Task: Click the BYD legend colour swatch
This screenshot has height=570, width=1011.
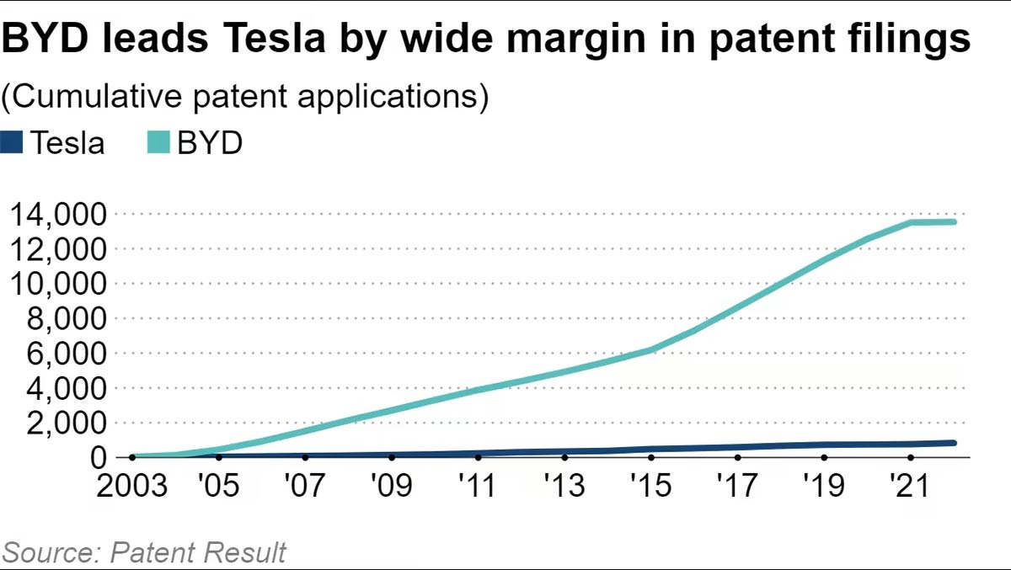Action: pyautogui.click(x=158, y=142)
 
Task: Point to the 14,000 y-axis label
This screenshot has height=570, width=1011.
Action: pyautogui.click(x=57, y=216)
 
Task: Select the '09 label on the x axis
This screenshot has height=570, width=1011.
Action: pyautogui.click(x=391, y=487)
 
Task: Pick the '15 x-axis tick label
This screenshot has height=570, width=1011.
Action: pyautogui.click(x=650, y=487)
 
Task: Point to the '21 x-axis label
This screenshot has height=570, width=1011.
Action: pyautogui.click(x=910, y=487)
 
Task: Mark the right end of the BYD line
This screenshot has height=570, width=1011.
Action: pyautogui.click(x=954, y=221)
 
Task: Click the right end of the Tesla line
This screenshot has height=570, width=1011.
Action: pyautogui.click(x=954, y=442)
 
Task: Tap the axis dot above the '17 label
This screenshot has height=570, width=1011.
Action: pyautogui.click(x=737, y=457)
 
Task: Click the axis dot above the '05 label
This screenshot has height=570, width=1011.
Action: pyautogui.click(x=218, y=457)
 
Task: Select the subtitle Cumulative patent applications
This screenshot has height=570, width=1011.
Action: pyautogui.click(x=245, y=97)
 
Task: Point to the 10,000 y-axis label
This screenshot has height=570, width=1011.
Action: pyautogui.click(x=57, y=285)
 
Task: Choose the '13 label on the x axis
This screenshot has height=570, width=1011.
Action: pyautogui.click(x=564, y=487)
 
